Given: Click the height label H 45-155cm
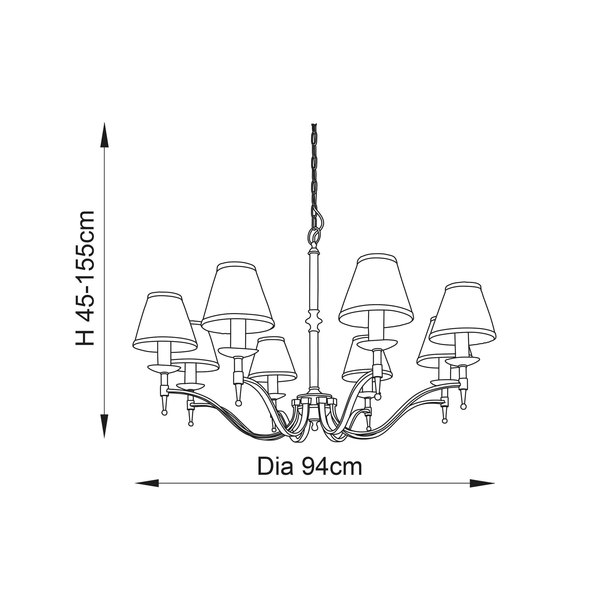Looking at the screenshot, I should [x=85, y=278].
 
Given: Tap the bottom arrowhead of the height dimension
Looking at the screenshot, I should [x=104, y=426].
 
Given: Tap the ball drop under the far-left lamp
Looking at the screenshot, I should [x=164, y=413].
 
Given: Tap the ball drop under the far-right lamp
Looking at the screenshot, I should [x=463, y=407].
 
